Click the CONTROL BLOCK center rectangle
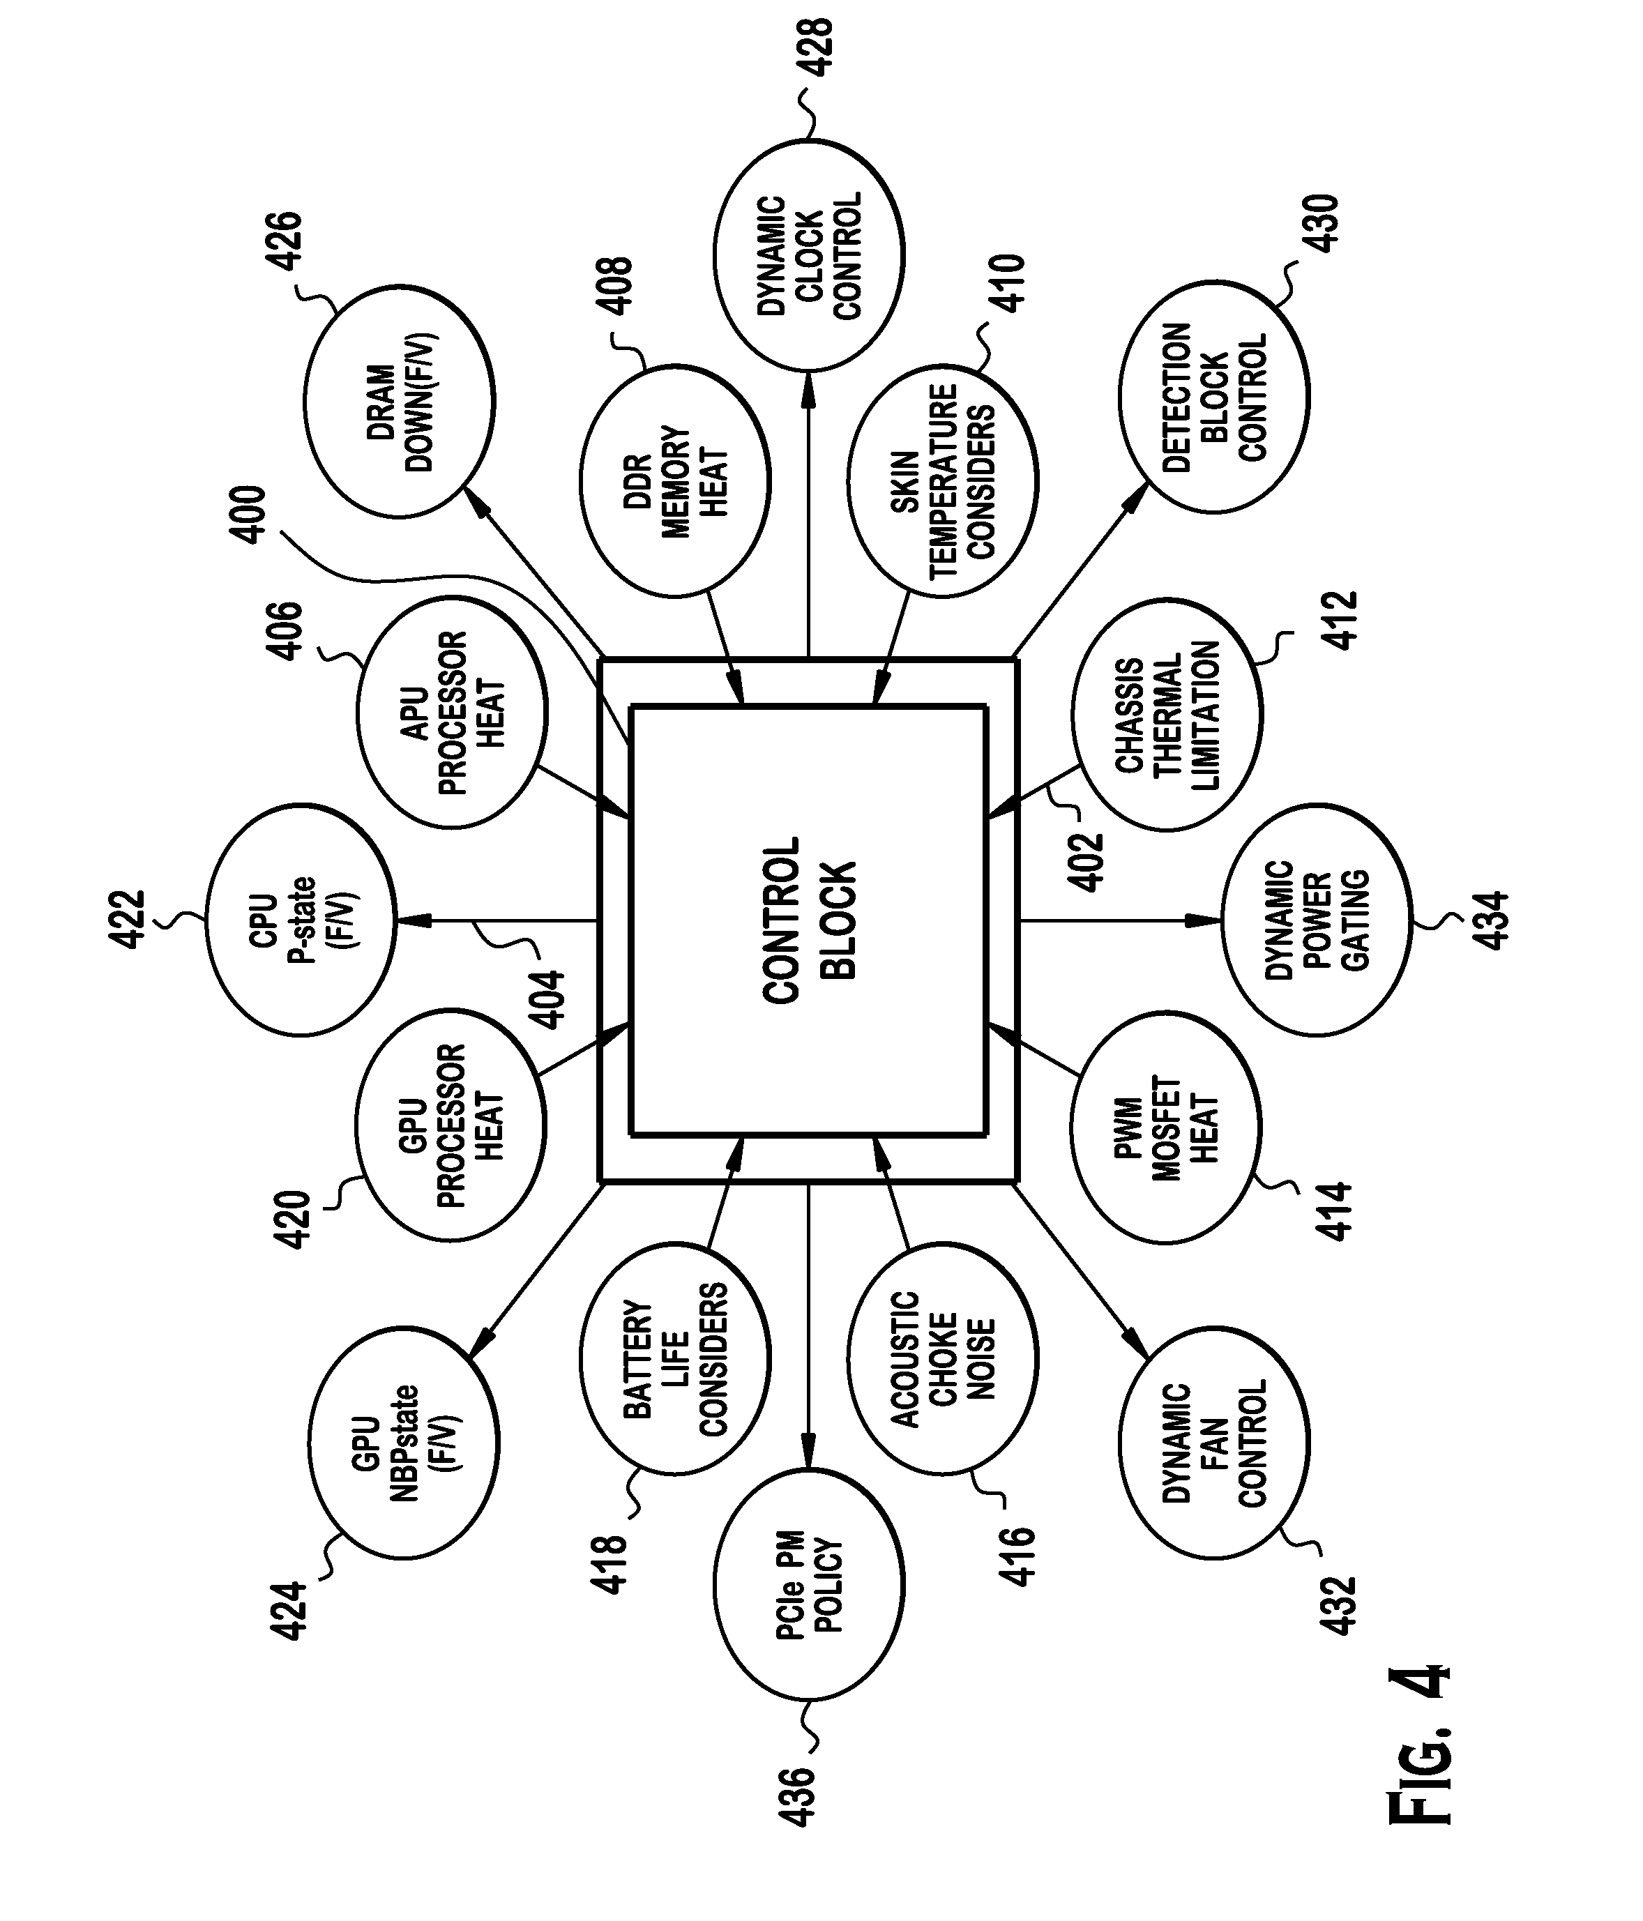tap(808, 920)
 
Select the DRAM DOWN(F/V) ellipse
tap(399, 402)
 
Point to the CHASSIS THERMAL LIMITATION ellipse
tap(1167, 714)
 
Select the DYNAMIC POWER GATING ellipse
tap(1317, 920)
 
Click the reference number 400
tap(250, 515)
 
